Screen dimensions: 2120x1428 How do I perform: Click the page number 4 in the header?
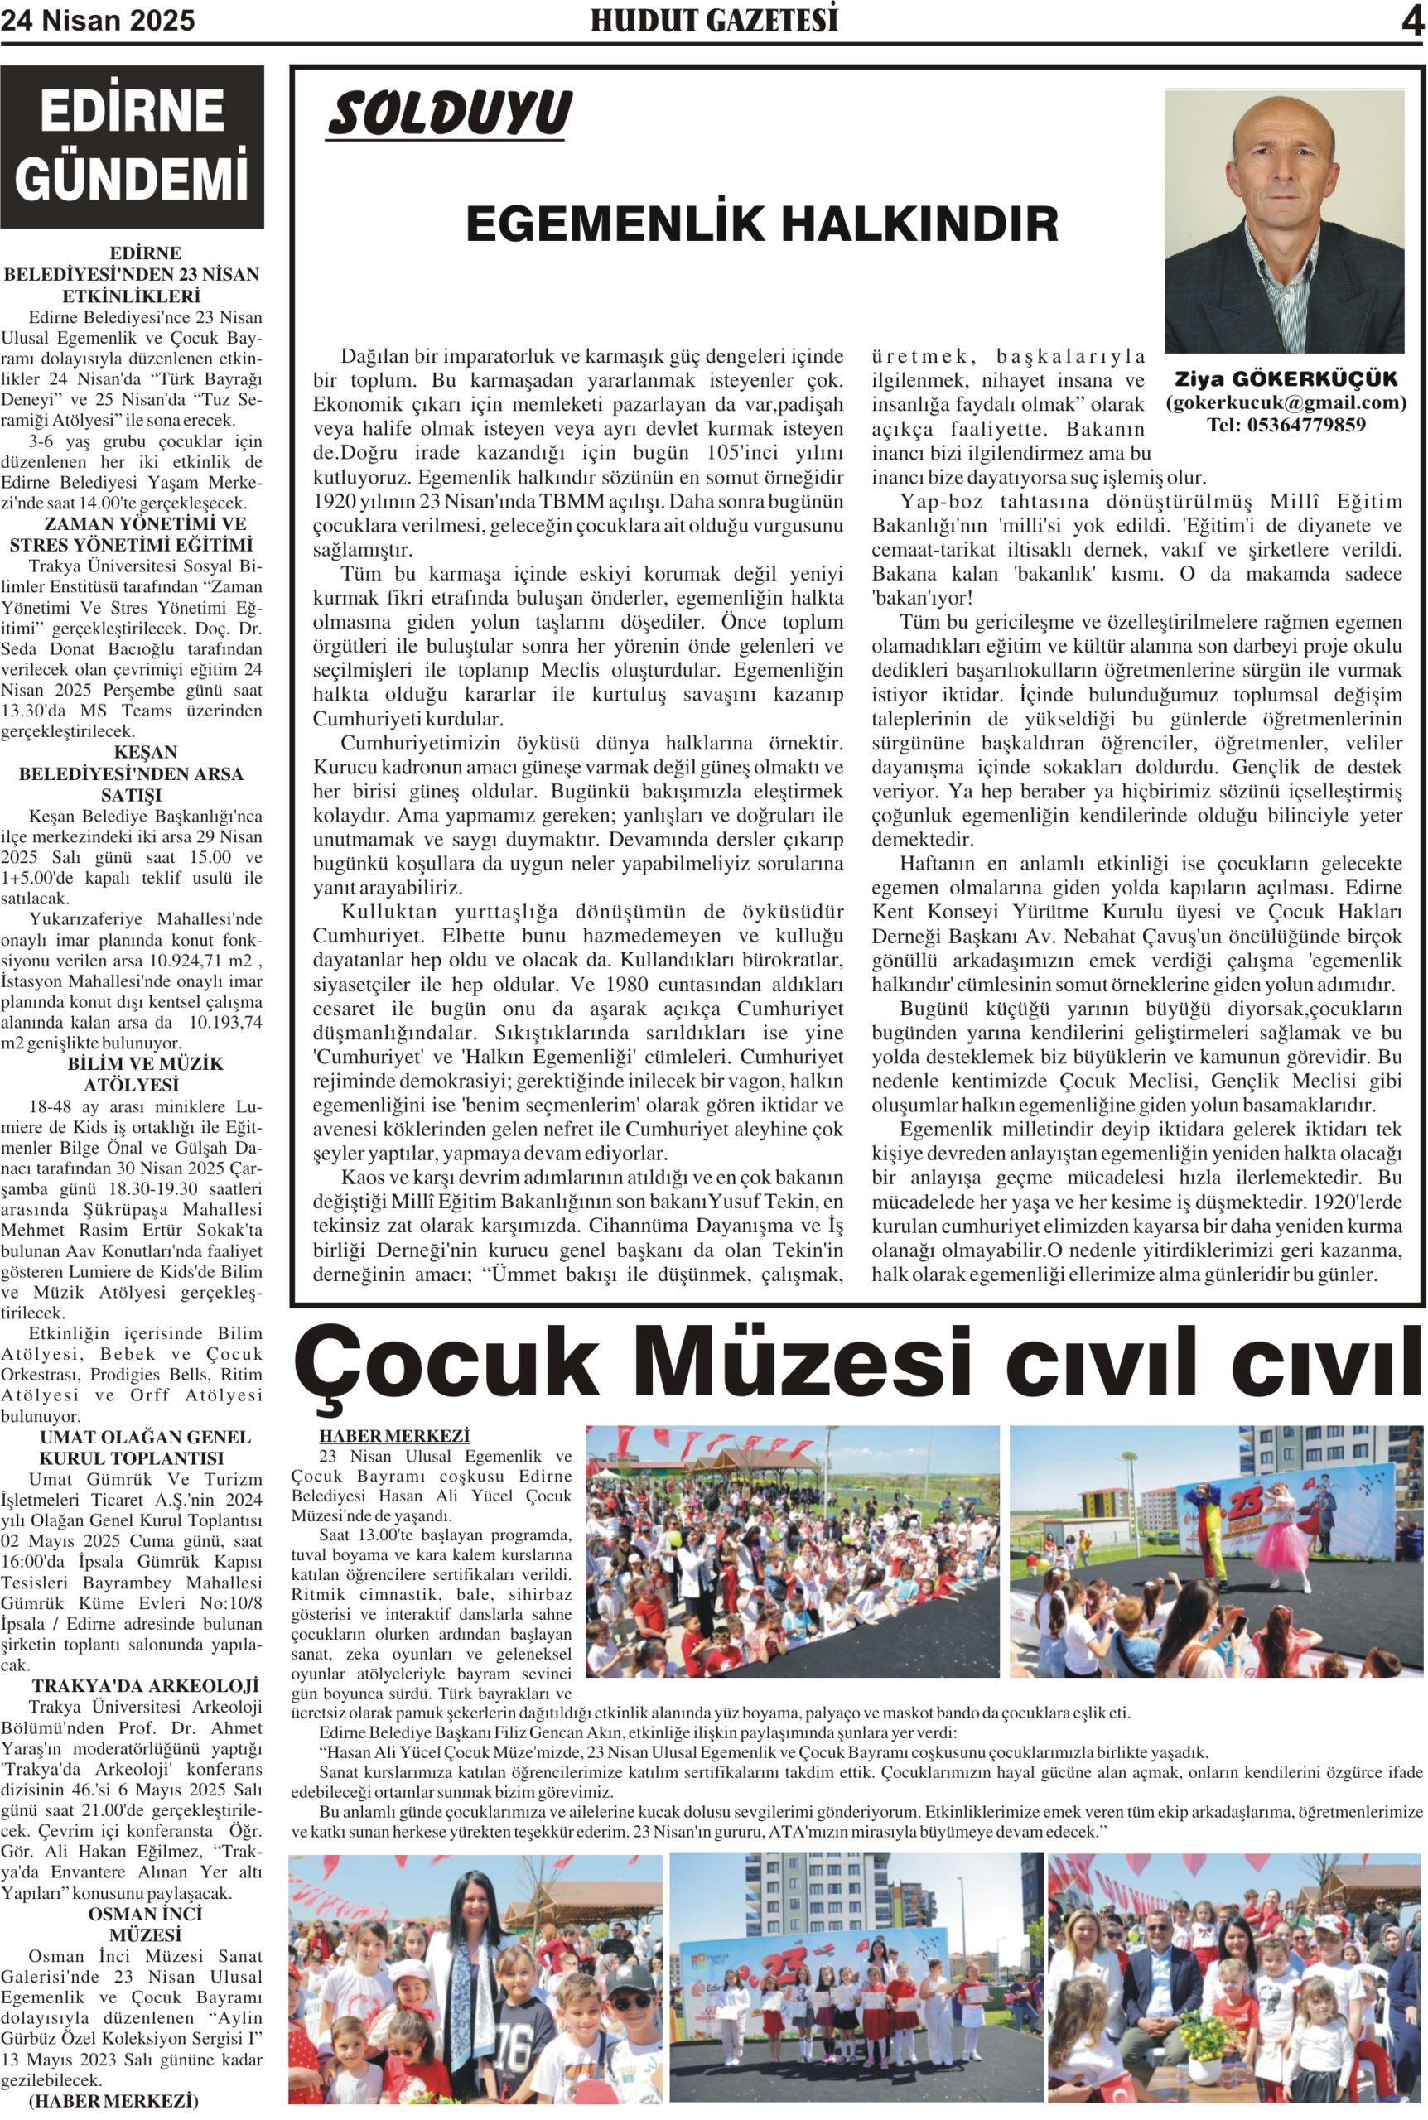pos(1411,21)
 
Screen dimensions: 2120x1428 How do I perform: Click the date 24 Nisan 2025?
pos(98,21)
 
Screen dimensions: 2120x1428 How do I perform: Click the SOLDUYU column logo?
pos(449,114)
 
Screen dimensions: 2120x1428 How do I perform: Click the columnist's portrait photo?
pos(1284,221)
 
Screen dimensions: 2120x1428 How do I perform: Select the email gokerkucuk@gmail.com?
pos(1285,402)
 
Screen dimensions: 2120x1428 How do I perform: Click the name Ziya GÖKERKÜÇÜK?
pos(1285,378)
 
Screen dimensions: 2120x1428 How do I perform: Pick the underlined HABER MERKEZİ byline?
pos(394,1435)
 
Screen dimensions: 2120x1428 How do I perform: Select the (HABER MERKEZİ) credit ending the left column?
pos(113,2101)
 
